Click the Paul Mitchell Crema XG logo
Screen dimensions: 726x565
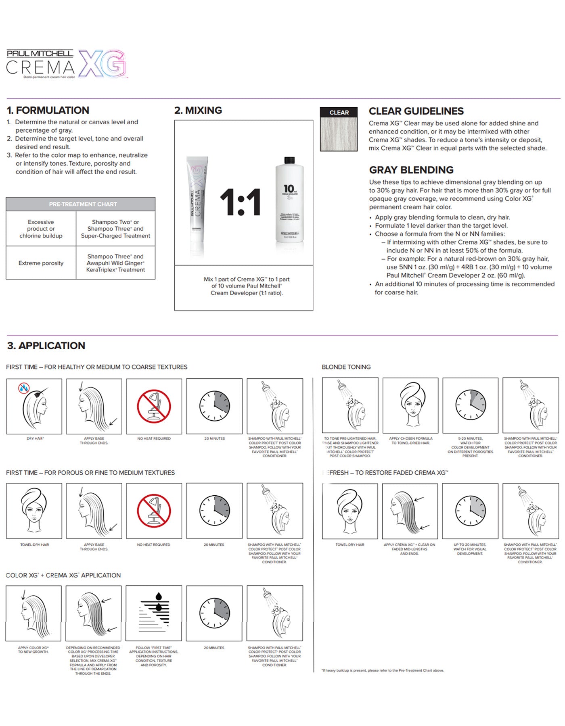[x=67, y=64]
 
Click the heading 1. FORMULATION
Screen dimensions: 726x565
[x=48, y=110]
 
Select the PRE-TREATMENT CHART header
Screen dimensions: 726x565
[x=80, y=204]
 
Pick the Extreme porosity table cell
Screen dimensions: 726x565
[x=41, y=263]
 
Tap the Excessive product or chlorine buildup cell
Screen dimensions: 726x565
[x=41, y=229]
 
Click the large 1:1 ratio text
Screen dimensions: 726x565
[x=241, y=202]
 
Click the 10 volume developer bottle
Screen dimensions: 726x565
[x=289, y=200]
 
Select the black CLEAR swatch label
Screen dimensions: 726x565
[x=339, y=113]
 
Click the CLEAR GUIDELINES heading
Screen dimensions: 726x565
[x=416, y=111]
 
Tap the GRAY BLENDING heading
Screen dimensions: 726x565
[x=411, y=170]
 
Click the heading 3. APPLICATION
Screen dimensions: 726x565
[x=46, y=346]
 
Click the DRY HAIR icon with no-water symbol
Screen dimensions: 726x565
[x=34, y=406]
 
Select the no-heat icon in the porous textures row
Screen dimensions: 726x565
[x=154, y=511]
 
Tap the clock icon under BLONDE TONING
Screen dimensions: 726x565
[x=470, y=405]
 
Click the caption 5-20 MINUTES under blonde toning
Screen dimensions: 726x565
[x=470, y=447]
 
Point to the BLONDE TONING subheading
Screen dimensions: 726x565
[x=346, y=367]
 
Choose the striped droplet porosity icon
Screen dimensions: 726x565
[x=154, y=613]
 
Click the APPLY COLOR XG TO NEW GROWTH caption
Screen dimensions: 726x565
[x=33, y=650]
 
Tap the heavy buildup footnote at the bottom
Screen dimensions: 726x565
[x=383, y=670]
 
